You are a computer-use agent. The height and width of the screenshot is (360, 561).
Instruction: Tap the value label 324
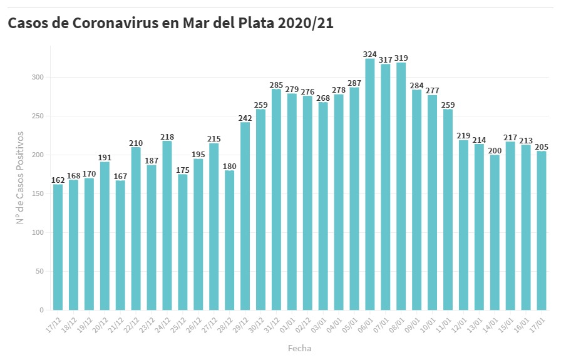pyautogui.click(x=370, y=54)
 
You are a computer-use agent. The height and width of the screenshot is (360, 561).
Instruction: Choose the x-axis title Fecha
pyautogui.click(x=299, y=348)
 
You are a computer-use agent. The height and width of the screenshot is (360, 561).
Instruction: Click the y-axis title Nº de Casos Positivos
pyautogui.click(x=20, y=178)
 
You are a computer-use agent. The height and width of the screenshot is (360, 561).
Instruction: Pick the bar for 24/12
pyautogui.click(x=167, y=225)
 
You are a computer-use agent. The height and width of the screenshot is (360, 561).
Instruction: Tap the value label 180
pyautogui.click(x=230, y=166)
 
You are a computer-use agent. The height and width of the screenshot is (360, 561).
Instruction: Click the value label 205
pyautogui.click(x=542, y=147)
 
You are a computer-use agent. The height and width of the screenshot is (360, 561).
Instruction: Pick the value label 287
pyautogui.click(x=354, y=83)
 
